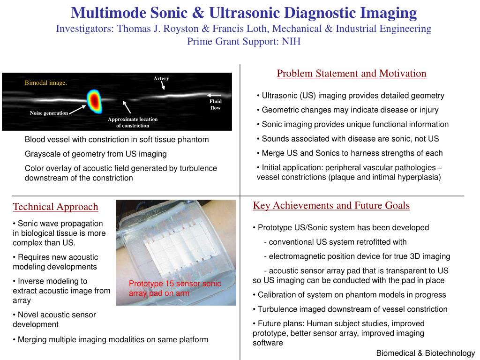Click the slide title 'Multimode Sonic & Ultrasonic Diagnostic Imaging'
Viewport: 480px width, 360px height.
pyautogui.click(x=243, y=13)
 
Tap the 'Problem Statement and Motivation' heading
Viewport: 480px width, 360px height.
pyautogui.click(x=352, y=74)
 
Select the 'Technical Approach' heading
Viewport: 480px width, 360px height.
pyautogui.click(x=55, y=207)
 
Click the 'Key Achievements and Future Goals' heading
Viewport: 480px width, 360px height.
pyautogui.click(x=331, y=205)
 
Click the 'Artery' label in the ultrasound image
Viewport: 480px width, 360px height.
pyautogui.click(x=161, y=78)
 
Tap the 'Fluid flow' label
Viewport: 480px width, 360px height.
pyautogui.click(x=216, y=105)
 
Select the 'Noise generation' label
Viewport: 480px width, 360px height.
pyautogui.click(x=49, y=113)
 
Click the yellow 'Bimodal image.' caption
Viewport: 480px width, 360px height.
pyautogui.click(x=46, y=83)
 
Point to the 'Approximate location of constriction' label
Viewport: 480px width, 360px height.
pyautogui.click(x=133, y=122)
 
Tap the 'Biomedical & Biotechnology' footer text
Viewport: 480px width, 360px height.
pyautogui.click(x=426, y=353)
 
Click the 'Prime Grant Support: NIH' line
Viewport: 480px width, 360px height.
pyautogui.click(x=244, y=41)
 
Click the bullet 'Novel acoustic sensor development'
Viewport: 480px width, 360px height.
pyautogui.click(x=54, y=319)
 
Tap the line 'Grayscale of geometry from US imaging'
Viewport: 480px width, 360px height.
pyautogui.click(x=96, y=154)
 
